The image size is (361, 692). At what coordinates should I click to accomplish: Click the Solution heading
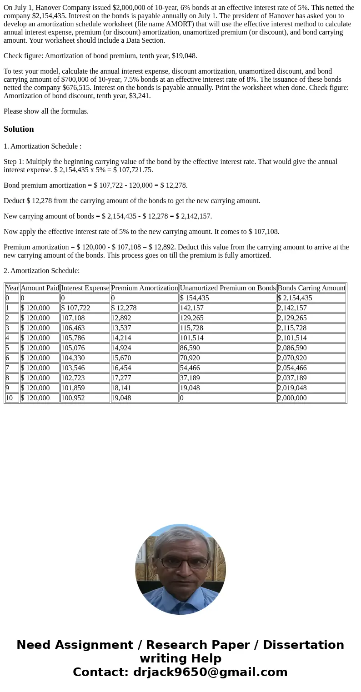[19, 129]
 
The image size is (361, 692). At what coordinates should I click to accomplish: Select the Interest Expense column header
[85, 288]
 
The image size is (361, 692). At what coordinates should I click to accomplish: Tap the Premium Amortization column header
[145, 288]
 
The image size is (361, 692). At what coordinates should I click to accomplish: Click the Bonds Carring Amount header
[311, 288]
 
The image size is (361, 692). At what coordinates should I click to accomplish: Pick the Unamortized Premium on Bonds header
[228, 288]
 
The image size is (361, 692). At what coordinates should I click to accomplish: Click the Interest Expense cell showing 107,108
[73, 318]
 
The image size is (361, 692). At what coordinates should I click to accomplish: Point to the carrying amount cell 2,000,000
[292, 398]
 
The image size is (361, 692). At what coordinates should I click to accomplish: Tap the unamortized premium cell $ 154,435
[195, 298]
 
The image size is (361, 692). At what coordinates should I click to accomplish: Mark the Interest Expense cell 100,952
[73, 398]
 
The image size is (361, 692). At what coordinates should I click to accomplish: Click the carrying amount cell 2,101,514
[292, 338]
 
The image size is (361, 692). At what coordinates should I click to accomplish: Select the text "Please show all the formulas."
[46, 111]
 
